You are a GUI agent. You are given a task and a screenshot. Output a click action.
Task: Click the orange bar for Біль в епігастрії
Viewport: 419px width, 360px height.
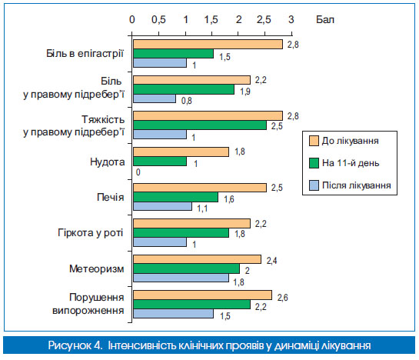[208, 45]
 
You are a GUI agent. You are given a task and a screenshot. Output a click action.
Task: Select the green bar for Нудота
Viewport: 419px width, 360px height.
[160, 162]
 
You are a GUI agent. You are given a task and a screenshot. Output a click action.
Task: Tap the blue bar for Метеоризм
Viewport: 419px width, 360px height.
[181, 278]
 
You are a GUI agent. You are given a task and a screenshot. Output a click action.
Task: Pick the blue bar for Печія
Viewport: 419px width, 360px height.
[162, 206]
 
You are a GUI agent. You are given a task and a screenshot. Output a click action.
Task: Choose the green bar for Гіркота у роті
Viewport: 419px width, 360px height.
[181, 232]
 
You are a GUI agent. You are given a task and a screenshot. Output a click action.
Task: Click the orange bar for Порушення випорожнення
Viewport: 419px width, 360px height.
[202, 295]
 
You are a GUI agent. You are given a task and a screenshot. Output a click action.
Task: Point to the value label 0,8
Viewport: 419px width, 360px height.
[187, 101]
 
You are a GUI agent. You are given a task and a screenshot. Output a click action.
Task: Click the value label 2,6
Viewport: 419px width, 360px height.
[282, 298]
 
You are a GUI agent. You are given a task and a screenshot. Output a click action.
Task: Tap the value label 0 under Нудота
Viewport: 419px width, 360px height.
[138, 172]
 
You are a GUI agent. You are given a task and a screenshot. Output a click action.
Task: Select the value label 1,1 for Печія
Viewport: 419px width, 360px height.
[202, 208]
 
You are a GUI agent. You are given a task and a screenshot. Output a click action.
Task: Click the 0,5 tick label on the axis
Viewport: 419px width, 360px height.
[158, 19]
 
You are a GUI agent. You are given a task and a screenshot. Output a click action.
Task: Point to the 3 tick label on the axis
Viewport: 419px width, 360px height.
[291, 19]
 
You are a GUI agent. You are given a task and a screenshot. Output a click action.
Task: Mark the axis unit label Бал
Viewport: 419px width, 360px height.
[325, 19]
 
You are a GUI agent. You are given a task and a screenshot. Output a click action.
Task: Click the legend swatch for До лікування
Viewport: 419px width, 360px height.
[314, 141]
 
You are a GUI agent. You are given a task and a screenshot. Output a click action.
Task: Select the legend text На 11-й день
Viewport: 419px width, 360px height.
[351, 163]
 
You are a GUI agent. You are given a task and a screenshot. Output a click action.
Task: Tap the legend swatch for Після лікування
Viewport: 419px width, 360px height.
[314, 185]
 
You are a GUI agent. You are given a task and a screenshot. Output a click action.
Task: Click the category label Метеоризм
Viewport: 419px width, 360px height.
[97, 268]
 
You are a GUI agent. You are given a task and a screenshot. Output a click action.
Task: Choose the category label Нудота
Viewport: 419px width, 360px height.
[107, 162]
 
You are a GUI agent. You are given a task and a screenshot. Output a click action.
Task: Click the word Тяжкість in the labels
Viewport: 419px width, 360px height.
[103, 119]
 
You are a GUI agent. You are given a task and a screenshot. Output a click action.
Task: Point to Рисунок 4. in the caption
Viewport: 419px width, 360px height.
[75, 345]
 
